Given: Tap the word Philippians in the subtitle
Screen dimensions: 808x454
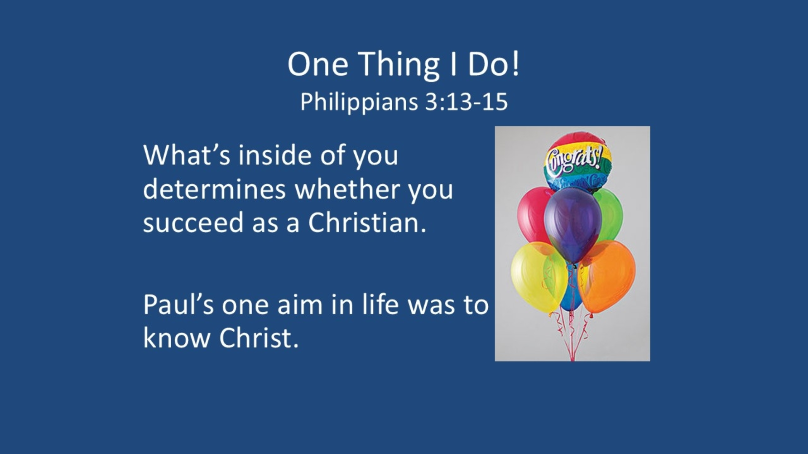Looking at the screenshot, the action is click(x=359, y=103).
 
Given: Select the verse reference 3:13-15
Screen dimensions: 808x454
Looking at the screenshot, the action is click(x=466, y=102).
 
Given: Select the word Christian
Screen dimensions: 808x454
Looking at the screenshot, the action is click(x=367, y=222).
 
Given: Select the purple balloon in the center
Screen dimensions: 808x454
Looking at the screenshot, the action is click(x=573, y=225).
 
